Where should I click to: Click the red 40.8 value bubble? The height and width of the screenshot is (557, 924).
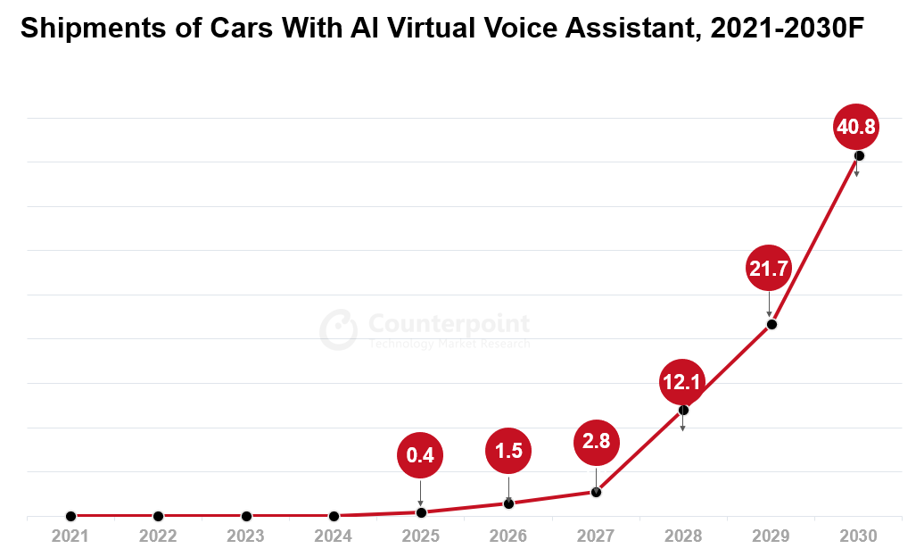coord(856,128)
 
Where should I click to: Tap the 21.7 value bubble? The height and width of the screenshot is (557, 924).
coord(769,268)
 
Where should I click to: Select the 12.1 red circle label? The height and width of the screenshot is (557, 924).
coord(683,383)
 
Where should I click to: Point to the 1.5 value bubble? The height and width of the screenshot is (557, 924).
coord(508,451)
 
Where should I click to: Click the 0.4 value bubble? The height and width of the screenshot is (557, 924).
coord(420,455)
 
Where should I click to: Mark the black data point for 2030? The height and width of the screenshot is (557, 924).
coord(859,156)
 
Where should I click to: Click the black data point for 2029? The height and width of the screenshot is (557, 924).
coord(771,324)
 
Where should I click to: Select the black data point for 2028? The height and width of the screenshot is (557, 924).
coord(683,411)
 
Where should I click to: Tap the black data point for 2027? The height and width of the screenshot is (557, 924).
coord(596,492)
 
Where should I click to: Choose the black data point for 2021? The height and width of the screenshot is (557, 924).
coord(70,516)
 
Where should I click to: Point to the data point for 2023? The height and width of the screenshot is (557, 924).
coord(246,516)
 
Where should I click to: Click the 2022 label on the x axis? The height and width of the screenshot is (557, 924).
coord(158,536)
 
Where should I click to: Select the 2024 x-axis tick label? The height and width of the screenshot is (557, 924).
coord(334,536)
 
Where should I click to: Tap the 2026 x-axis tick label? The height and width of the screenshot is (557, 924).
coord(508,536)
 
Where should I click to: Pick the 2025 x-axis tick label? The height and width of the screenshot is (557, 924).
coord(421,536)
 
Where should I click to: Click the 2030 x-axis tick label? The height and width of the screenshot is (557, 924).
coord(859,536)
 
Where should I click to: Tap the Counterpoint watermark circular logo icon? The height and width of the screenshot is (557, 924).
coord(339,330)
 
